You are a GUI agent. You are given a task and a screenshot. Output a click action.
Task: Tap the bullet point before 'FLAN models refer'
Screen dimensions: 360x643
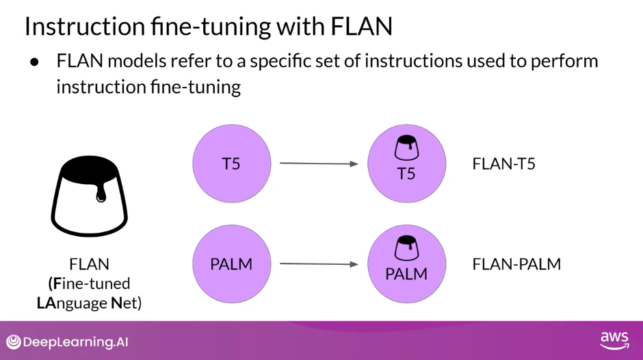[x=34, y=62]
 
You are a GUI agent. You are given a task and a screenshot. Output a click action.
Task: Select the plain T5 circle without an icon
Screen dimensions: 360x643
[x=231, y=164]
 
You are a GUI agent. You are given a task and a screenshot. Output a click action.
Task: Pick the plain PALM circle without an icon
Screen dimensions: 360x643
[x=231, y=263]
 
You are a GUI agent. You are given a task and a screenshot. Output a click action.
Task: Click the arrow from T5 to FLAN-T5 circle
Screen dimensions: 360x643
[x=319, y=164]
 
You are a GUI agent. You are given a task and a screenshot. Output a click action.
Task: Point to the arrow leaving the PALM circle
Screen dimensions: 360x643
[x=319, y=263]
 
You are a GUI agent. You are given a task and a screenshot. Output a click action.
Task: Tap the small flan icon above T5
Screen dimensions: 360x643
[x=406, y=146]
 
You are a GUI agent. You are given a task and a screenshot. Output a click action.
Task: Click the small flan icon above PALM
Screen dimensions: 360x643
[x=406, y=247]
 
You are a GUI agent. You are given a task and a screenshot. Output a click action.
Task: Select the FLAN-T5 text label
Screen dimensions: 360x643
[x=503, y=164]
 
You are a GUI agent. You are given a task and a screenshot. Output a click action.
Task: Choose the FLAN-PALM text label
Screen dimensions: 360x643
[x=516, y=264]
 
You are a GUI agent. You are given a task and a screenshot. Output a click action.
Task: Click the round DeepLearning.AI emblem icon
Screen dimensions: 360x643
[x=14, y=342]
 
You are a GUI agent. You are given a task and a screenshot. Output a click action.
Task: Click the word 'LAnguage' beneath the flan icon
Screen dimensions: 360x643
[x=72, y=302]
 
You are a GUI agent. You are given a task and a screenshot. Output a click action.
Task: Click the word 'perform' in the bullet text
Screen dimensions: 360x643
[x=567, y=61]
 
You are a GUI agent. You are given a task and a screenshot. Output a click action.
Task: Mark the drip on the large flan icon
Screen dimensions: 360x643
[x=101, y=196]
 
